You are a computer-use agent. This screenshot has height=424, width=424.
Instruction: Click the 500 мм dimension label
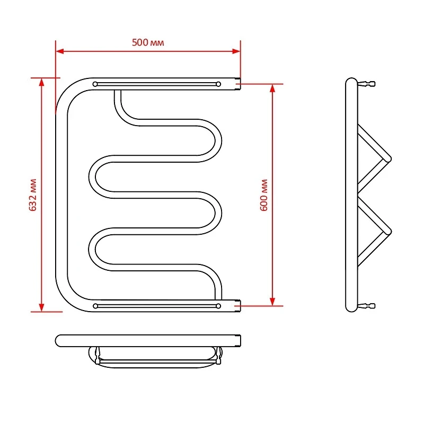click(x=148, y=42)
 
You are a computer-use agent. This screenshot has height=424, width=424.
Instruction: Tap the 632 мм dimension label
click(x=33, y=195)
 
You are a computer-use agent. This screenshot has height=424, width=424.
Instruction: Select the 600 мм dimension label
click(x=263, y=195)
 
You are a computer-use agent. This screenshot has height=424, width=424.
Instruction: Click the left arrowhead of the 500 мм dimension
click(x=59, y=51)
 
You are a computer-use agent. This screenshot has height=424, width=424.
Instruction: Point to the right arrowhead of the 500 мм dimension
click(x=236, y=51)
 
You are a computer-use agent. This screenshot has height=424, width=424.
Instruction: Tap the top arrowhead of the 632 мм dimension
click(x=41, y=82)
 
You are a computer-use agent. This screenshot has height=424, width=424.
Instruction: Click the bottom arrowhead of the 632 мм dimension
click(x=41, y=307)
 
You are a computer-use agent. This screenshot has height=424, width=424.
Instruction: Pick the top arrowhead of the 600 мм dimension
click(x=272, y=88)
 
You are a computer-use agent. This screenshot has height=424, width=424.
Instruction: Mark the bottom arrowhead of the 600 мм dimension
click(x=272, y=302)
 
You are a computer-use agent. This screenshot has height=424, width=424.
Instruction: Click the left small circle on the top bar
click(x=95, y=84)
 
